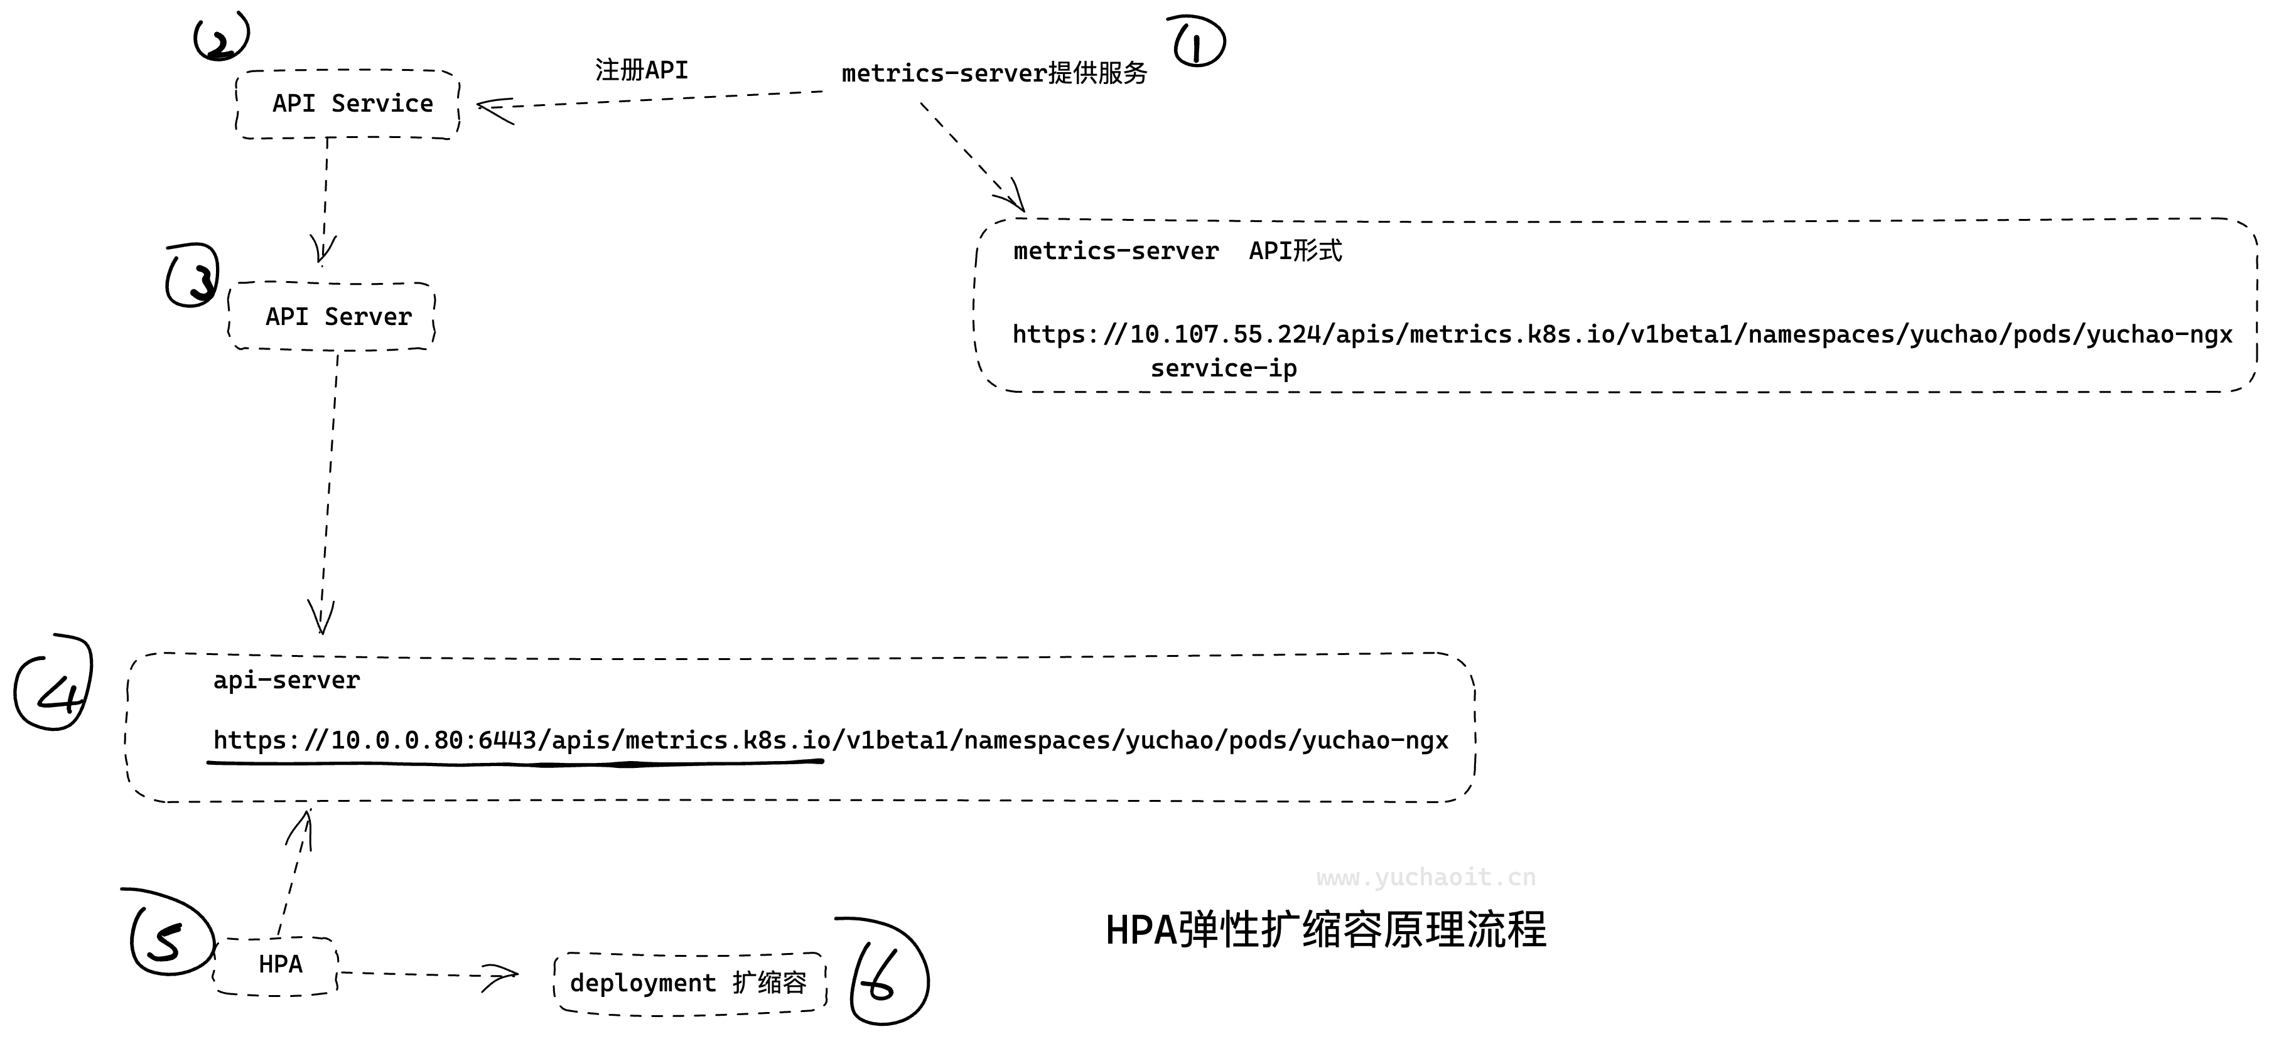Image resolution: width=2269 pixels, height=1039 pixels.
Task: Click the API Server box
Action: click(x=333, y=316)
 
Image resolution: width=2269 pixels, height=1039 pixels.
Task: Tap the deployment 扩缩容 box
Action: click(x=689, y=983)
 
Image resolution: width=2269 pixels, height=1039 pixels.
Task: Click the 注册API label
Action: click(x=641, y=70)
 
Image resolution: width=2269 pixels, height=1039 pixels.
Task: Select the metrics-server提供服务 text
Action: click(x=994, y=73)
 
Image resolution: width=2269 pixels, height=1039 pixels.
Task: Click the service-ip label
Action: click(x=1224, y=368)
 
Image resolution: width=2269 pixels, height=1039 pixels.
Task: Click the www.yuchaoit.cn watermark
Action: click(x=1426, y=877)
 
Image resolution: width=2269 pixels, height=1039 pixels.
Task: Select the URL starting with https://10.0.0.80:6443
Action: click(x=830, y=740)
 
